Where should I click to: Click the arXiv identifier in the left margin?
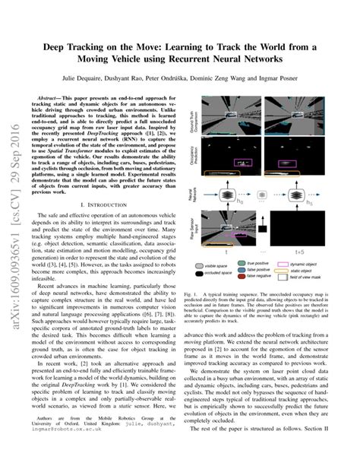coord(14,228)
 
